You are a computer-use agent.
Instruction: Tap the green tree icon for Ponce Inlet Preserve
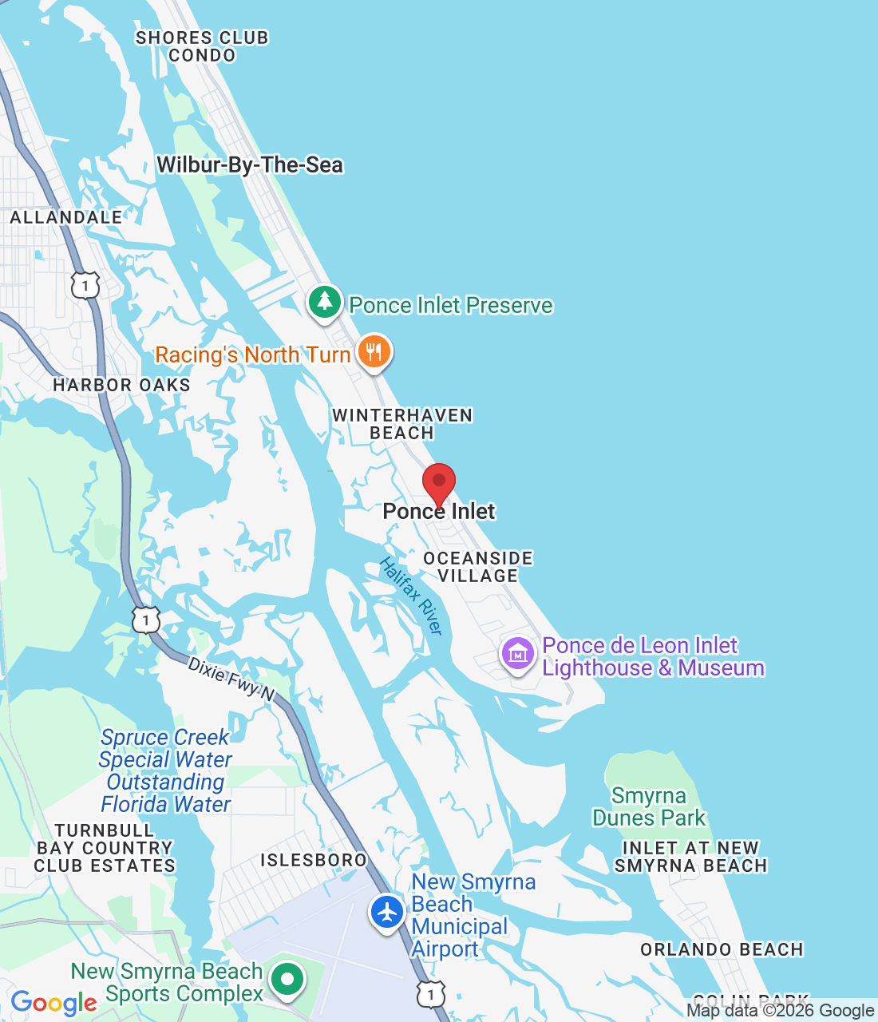[325, 302]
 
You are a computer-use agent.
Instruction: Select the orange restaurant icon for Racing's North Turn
[374, 351]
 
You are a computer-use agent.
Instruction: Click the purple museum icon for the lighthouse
[517, 654]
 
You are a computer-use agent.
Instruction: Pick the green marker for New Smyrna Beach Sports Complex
[287, 978]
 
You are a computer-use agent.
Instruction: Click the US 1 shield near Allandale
[85, 285]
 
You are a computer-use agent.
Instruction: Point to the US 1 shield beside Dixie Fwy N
[146, 620]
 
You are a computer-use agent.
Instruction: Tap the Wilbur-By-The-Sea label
[250, 165]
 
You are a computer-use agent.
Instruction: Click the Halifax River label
[411, 596]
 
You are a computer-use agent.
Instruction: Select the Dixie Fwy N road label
[231, 679]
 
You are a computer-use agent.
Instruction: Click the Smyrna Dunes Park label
[649, 806]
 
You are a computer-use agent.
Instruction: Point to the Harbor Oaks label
[121, 385]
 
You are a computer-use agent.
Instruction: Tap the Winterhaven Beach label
[402, 424]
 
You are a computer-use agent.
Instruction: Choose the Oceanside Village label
[477, 567]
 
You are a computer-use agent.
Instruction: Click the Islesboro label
[314, 860]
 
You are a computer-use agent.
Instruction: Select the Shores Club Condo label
[202, 46]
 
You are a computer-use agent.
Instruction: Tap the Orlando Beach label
[722, 949]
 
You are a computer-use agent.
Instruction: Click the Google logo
[54, 1003]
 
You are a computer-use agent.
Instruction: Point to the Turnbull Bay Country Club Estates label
[105, 848]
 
